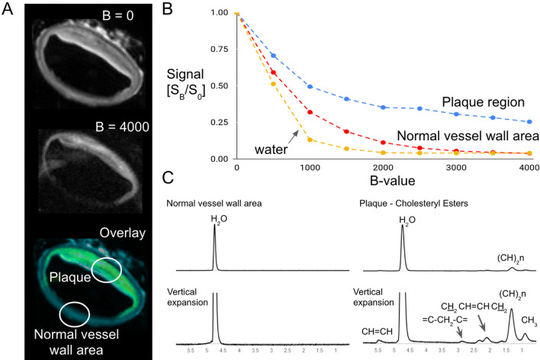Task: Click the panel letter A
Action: pyautogui.click(x=8, y=9)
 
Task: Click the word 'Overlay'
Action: pyautogui.click(x=121, y=231)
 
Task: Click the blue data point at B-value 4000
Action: pyautogui.click(x=529, y=121)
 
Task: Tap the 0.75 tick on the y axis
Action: pyautogui.click(x=219, y=50)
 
